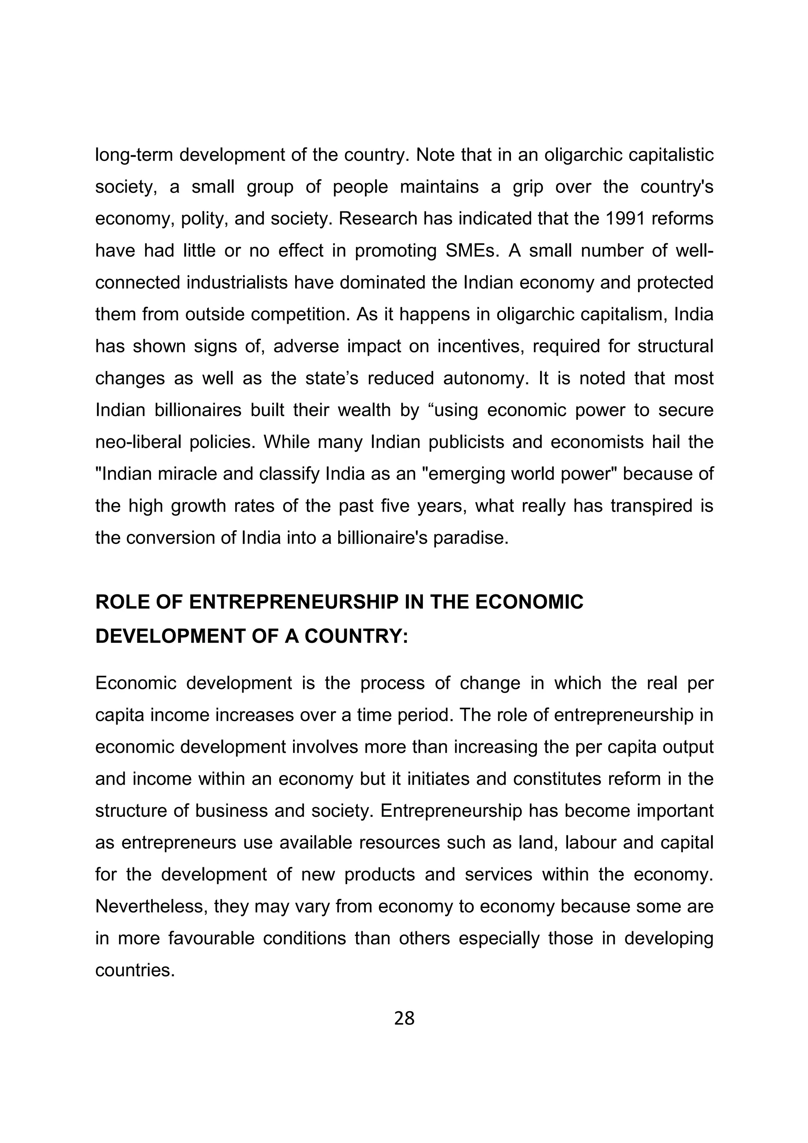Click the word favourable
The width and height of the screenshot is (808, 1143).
[209, 939]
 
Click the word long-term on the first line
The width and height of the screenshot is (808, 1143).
[134, 155]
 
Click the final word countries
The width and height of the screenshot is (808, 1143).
[135, 971]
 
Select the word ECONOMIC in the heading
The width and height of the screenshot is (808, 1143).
[529, 602]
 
